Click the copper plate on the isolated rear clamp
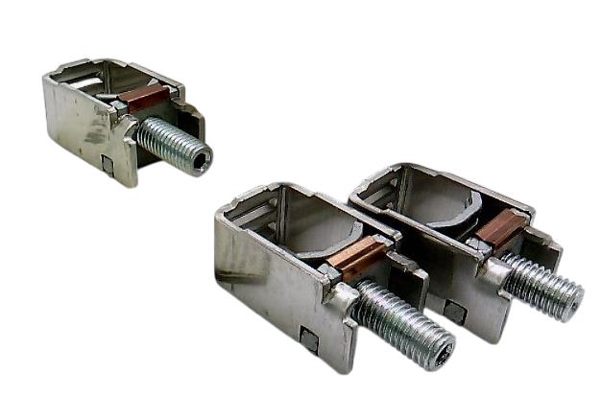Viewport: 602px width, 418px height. coord(147,98)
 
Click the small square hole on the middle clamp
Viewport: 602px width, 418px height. coord(309,338)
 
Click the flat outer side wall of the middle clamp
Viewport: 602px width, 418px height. coord(269,288)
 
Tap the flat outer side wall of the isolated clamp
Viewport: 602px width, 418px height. coord(77,120)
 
